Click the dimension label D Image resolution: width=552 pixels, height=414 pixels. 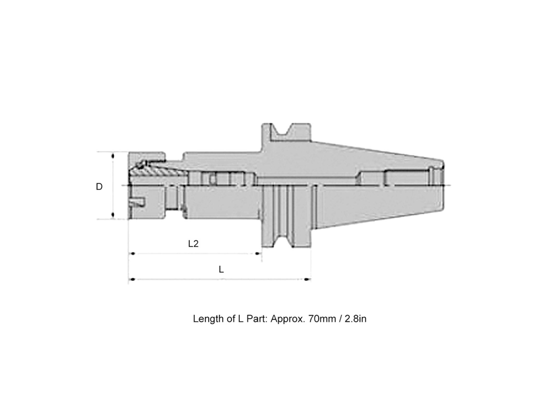point(99,186)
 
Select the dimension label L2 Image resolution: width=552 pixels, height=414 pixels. point(193,244)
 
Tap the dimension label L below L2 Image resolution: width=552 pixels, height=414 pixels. point(221,270)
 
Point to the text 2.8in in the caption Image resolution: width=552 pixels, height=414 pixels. point(355,319)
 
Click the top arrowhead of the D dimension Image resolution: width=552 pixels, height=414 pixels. point(113,156)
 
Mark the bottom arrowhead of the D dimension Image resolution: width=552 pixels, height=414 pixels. point(113,215)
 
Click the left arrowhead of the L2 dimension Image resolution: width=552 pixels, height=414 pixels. point(132,253)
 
